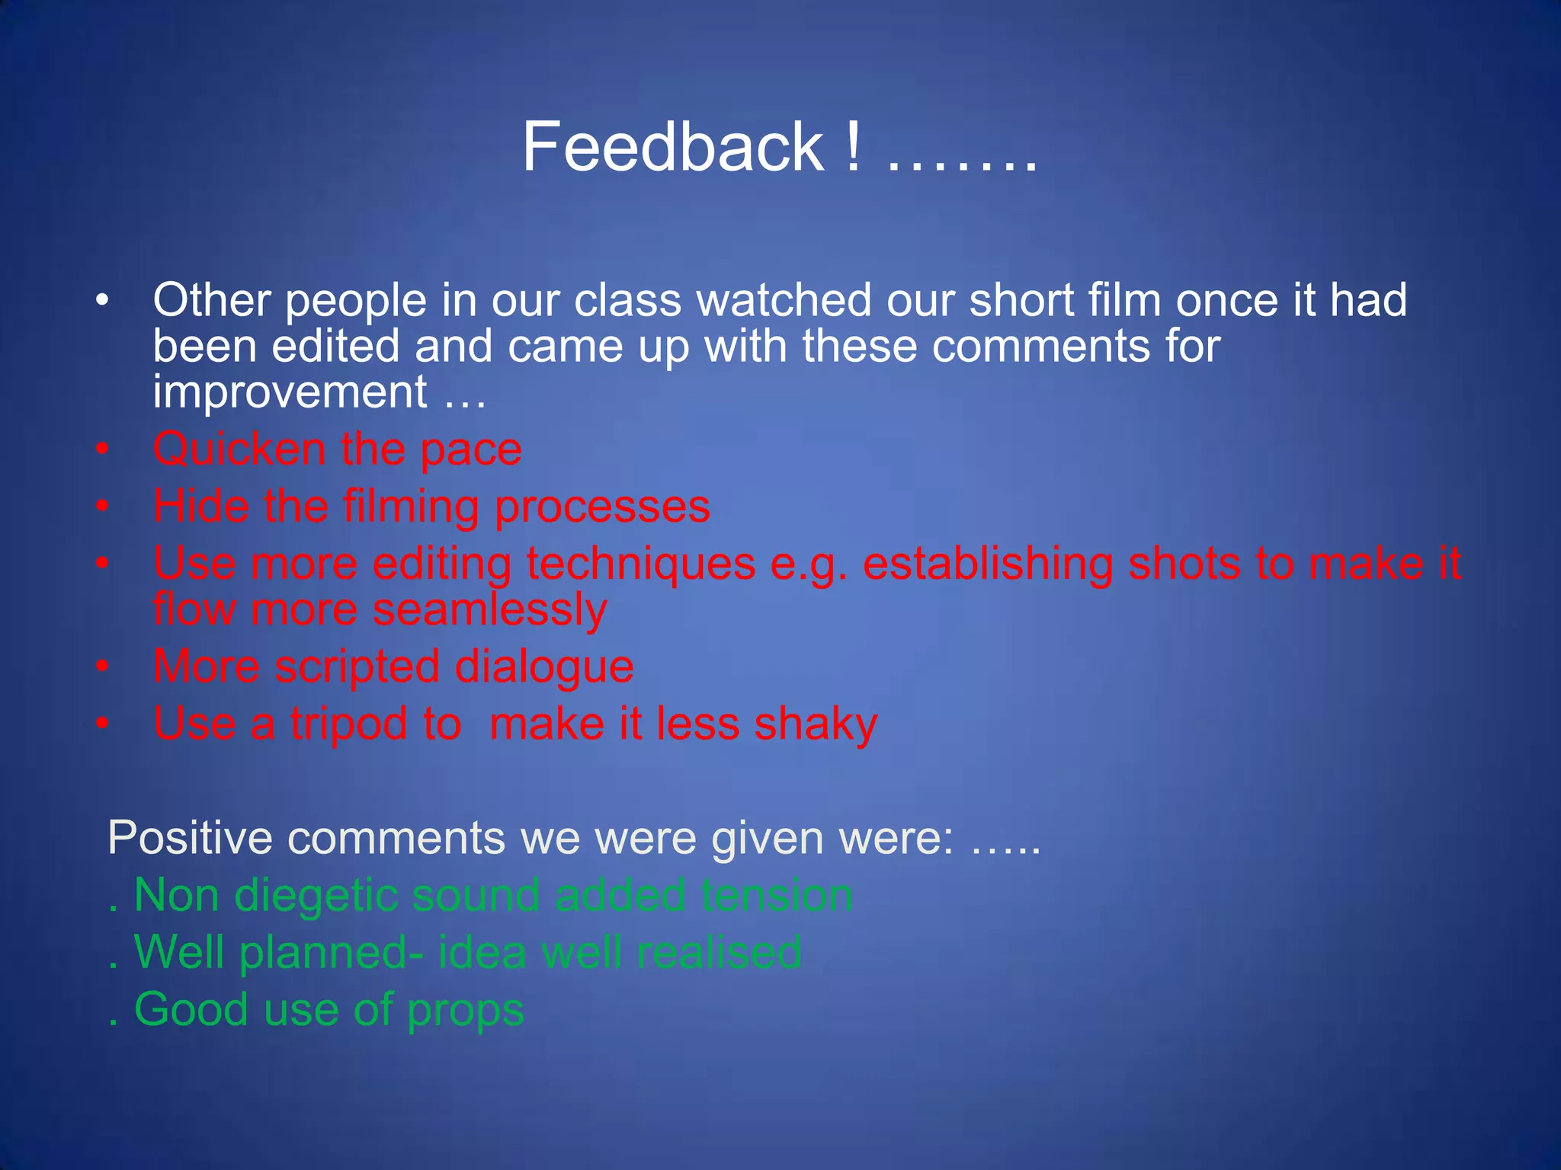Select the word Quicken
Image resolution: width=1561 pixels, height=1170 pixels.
[239, 449]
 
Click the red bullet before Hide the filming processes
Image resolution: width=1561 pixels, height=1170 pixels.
[103, 506]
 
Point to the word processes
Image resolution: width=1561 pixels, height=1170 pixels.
[602, 507]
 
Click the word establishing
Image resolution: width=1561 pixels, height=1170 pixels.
[987, 565]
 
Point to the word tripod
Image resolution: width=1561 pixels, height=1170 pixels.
[348, 724]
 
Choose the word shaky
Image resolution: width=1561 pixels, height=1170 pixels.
[816, 724]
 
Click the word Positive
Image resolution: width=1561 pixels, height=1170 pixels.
[190, 838]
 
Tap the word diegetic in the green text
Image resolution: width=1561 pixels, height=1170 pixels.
[316, 897]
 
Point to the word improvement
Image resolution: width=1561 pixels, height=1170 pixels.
[290, 393]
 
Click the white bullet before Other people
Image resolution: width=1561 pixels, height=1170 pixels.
[103, 300]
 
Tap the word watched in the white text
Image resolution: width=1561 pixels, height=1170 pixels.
[784, 300]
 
